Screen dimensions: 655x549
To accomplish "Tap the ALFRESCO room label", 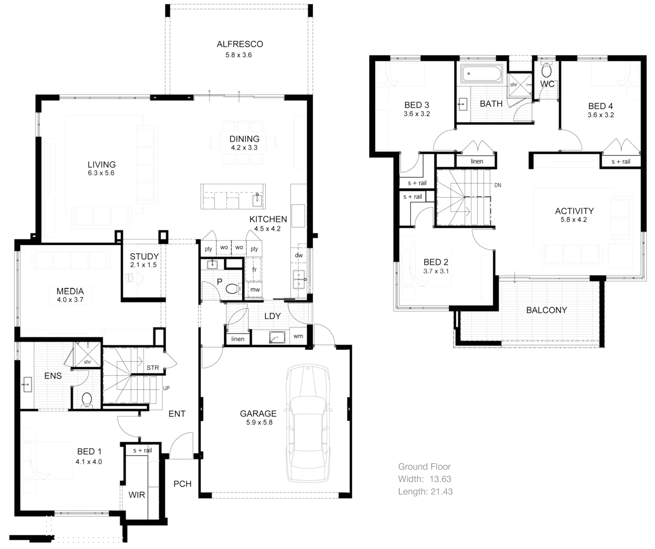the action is [x=240, y=44].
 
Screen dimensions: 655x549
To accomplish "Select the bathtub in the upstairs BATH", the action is [x=482, y=74].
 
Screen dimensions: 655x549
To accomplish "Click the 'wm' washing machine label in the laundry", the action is [x=298, y=336].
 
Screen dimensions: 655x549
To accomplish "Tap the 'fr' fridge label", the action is [x=254, y=269].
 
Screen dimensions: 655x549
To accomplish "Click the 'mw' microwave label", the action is [x=255, y=290].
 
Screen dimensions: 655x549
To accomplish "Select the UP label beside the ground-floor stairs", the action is [x=166, y=388].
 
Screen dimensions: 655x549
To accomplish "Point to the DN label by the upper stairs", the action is [x=498, y=185].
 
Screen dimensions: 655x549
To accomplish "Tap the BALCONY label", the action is [x=546, y=310].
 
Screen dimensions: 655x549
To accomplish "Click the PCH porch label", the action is [x=182, y=484].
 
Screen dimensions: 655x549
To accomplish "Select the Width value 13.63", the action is [x=440, y=479].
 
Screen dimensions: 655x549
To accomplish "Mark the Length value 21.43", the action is [x=441, y=492].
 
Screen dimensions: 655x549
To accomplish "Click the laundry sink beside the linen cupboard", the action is [x=277, y=337].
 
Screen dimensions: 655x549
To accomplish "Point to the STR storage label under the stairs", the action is [x=153, y=368].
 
